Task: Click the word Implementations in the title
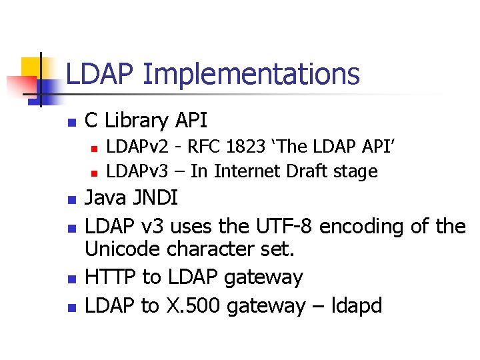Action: point(251,75)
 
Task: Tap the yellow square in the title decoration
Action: point(32,67)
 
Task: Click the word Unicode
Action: point(123,251)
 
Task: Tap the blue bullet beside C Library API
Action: point(72,123)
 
